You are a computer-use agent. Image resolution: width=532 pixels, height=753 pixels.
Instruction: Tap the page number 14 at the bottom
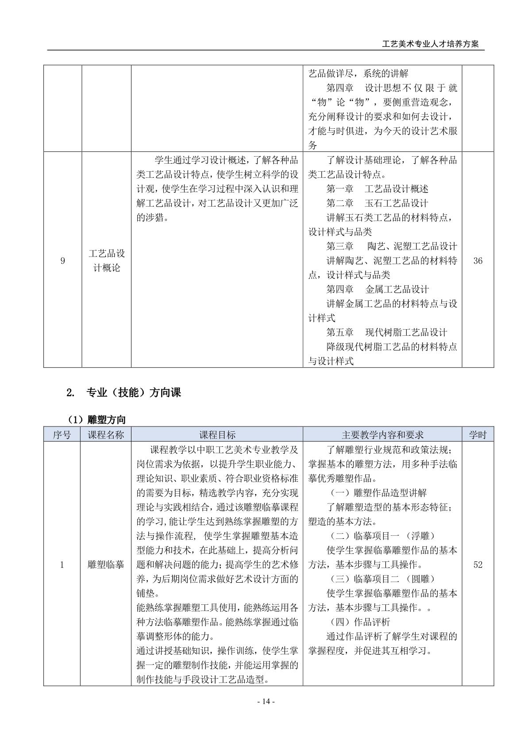[266, 701]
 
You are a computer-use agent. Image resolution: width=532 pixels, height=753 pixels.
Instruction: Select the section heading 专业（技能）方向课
[133, 392]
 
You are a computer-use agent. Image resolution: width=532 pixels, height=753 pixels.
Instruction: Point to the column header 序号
[62, 434]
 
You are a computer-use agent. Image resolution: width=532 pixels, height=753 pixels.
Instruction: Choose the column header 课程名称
[106, 434]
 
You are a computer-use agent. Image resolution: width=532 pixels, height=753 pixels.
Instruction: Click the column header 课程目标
[217, 434]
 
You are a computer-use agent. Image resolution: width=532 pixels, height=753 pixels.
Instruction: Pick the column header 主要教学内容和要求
[382, 434]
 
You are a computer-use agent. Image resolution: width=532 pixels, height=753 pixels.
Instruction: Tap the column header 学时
[478, 434]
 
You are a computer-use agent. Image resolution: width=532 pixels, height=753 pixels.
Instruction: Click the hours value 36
[478, 261]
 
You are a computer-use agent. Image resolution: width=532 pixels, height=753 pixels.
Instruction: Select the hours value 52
[478, 565]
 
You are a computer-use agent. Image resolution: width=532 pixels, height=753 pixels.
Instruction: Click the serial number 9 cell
[62, 261]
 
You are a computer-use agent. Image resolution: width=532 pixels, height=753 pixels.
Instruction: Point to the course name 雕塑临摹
[106, 565]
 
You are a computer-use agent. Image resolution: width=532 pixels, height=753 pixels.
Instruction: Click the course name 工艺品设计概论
[107, 261]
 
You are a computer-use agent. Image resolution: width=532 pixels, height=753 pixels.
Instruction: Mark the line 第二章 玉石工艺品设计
[377, 204]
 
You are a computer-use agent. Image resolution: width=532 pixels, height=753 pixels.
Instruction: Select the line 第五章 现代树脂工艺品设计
[386, 333]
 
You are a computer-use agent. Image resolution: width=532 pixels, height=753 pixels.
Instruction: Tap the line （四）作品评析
[360, 622]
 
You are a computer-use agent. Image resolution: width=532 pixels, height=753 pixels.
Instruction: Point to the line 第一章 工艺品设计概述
[377, 189]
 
